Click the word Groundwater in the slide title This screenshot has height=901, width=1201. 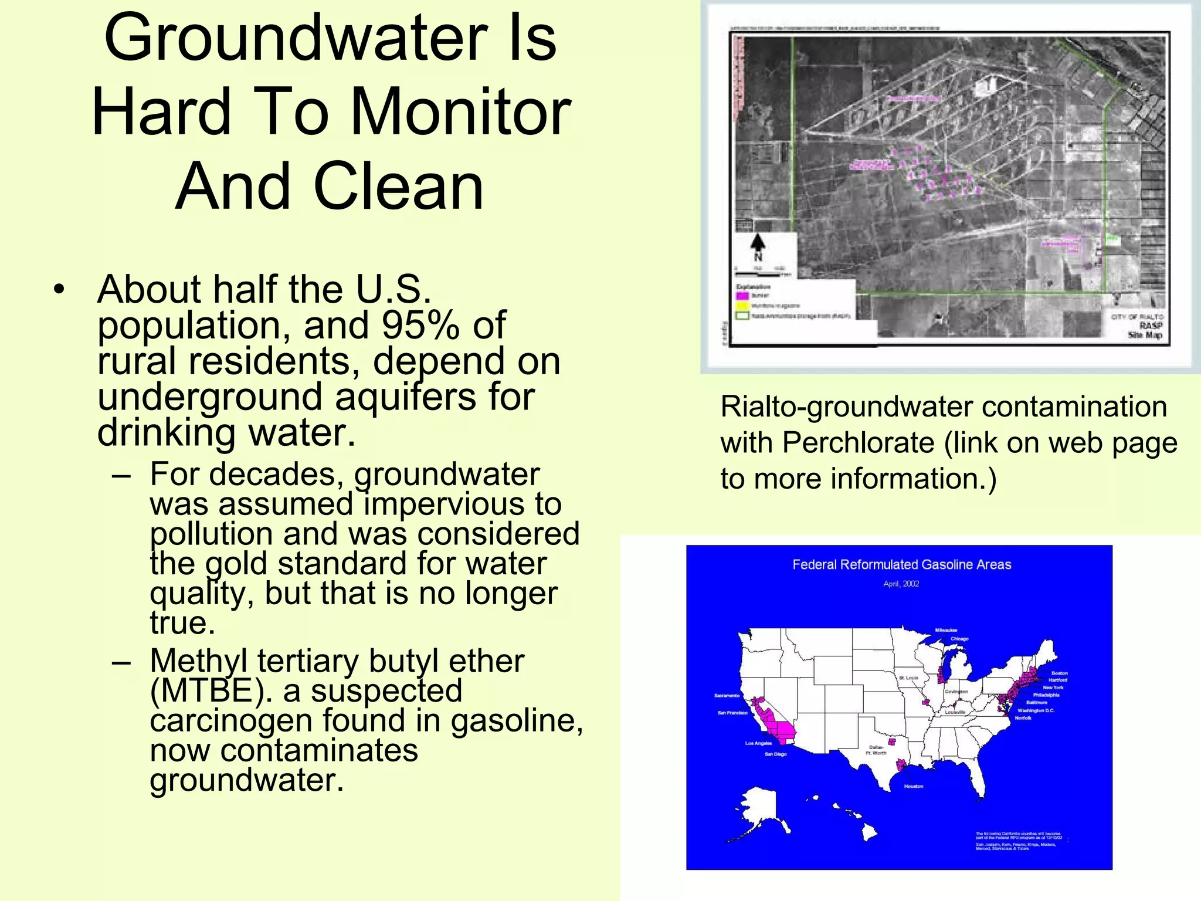(296, 39)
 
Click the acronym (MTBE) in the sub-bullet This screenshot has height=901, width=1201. (211, 691)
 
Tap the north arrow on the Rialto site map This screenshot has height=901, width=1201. (758, 243)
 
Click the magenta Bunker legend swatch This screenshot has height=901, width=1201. (742, 296)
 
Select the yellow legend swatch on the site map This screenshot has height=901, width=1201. (742, 306)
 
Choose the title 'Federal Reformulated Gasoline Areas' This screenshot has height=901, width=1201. (901, 565)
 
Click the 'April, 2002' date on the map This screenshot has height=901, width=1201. (901, 584)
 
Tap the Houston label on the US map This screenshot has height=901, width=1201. (913, 786)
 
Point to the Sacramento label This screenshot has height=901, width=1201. (727, 696)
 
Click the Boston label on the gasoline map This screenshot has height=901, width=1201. (1059, 673)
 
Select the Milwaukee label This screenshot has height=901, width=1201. (946, 630)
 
